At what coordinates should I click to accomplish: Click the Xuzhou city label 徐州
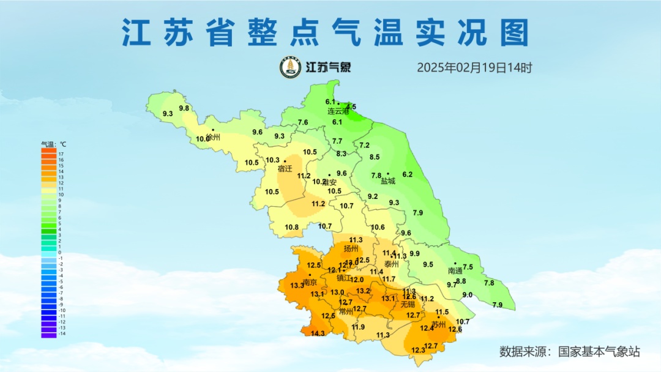pyautogui.click(x=213, y=138)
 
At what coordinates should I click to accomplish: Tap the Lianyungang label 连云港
pyautogui.click(x=338, y=111)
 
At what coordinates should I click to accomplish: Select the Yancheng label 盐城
pyautogui.click(x=388, y=181)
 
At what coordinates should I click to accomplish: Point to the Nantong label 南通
pyautogui.click(x=455, y=270)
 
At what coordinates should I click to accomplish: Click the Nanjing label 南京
pyautogui.click(x=310, y=283)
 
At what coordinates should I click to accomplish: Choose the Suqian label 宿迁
pyautogui.click(x=285, y=168)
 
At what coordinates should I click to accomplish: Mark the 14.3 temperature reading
pyautogui.click(x=318, y=333)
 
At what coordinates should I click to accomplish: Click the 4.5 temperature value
pyautogui.click(x=351, y=106)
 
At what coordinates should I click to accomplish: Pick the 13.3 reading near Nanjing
pyautogui.click(x=297, y=286)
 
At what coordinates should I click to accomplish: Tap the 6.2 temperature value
pyautogui.click(x=407, y=174)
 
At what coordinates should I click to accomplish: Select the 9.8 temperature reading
pyautogui.click(x=184, y=108)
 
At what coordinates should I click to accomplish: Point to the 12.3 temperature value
pyautogui.click(x=418, y=350)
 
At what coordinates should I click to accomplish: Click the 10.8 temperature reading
pyautogui.click(x=292, y=228)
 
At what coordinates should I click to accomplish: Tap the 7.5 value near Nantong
pyautogui.click(x=468, y=267)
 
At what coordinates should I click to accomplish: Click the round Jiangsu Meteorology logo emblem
pyautogui.click(x=290, y=67)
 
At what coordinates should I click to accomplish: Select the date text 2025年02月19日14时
pyautogui.click(x=474, y=68)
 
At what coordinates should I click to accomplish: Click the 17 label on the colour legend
pyautogui.click(x=61, y=154)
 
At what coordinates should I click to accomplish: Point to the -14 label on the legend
pyautogui.click(x=62, y=333)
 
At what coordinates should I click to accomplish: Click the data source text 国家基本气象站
pyautogui.click(x=599, y=352)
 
